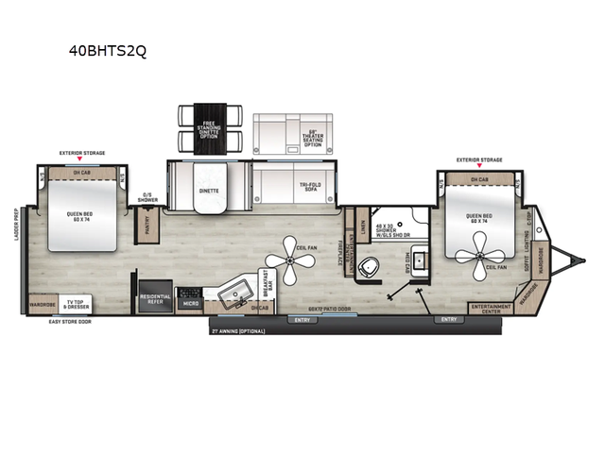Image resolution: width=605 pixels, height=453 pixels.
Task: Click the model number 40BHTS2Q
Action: click(108, 51)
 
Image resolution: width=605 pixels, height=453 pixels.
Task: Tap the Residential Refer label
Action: click(154, 299)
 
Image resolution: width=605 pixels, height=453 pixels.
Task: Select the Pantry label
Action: click(147, 224)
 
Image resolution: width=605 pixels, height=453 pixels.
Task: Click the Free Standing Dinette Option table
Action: click(209, 129)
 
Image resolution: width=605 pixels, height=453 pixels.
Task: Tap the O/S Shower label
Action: click(148, 197)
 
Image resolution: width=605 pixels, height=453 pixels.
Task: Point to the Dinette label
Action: click(209, 191)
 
